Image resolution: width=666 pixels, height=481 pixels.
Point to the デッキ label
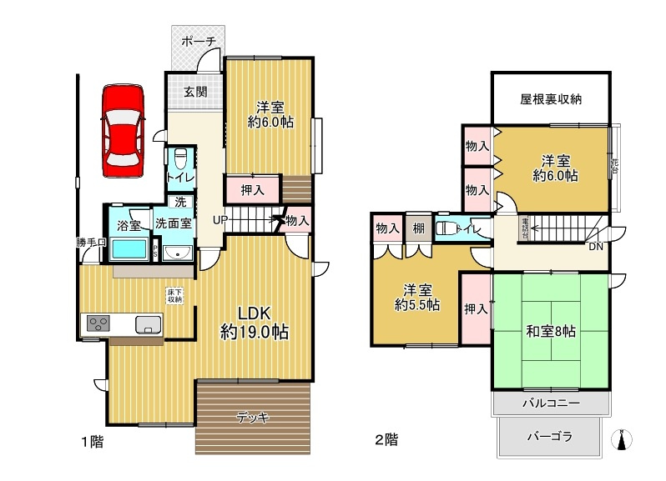(x=252, y=418)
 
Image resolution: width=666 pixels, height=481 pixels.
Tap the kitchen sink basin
(x=147, y=324)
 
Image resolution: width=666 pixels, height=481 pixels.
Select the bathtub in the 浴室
(x=129, y=249)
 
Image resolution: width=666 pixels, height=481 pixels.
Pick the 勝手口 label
(x=90, y=243)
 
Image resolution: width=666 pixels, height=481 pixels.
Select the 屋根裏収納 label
(x=550, y=98)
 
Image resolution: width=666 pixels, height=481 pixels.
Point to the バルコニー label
(x=550, y=403)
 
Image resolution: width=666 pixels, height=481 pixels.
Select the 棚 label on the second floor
(x=417, y=228)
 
